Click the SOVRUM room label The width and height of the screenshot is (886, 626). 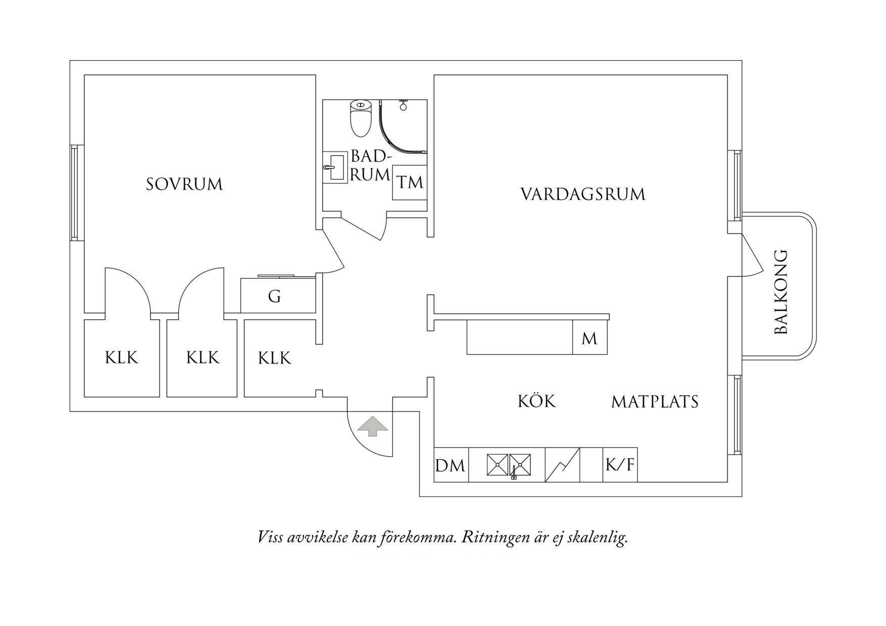[x=184, y=184]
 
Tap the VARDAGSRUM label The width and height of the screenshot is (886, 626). [x=583, y=194]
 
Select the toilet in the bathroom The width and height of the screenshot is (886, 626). [x=360, y=118]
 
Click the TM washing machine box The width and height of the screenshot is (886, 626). [x=410, y=182]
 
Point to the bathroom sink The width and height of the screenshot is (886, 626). [x=334, y=169]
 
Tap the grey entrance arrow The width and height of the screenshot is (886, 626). [x=372, y=426]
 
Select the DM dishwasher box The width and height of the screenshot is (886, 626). [x=450, y=465]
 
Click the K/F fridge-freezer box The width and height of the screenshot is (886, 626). [x=620, y=465]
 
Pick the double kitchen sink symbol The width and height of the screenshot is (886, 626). [x=509, y=465]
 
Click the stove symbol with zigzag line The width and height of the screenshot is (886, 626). [x=562, y=465]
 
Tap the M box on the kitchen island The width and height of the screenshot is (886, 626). [x=589, y=339]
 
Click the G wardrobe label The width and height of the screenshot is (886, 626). [x=274, y=296]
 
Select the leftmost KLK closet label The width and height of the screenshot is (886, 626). [x=121, y=358]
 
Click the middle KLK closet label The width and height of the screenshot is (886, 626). [x=203, y=358]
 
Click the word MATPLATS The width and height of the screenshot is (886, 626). [x=655, y=402]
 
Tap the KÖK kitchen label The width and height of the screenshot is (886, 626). [x=536, y=401]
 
